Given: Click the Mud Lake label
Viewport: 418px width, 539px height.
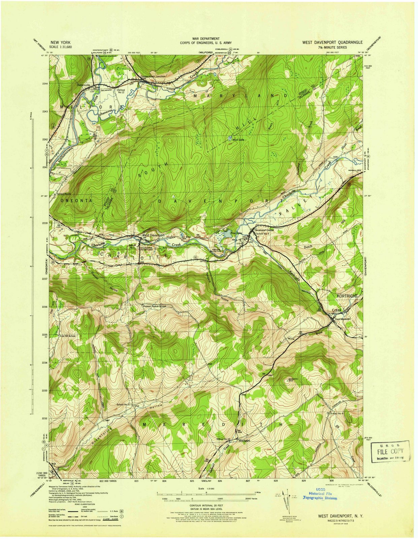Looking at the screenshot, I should (x=238, y=139).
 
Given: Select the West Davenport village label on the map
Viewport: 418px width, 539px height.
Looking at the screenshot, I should (x=153, y=235).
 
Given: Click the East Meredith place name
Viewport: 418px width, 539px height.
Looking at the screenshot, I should (x=343, y=319).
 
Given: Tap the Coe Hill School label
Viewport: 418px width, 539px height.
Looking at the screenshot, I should (x=68, y=336).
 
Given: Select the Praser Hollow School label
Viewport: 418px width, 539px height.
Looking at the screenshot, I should (x=154, y=307).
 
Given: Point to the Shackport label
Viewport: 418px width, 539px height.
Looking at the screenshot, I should (x=244, y=440).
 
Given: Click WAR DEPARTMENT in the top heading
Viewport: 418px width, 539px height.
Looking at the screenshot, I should (x=206, y=39).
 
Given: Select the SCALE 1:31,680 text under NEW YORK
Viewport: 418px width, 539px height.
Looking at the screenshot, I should (x=61, y=47).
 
